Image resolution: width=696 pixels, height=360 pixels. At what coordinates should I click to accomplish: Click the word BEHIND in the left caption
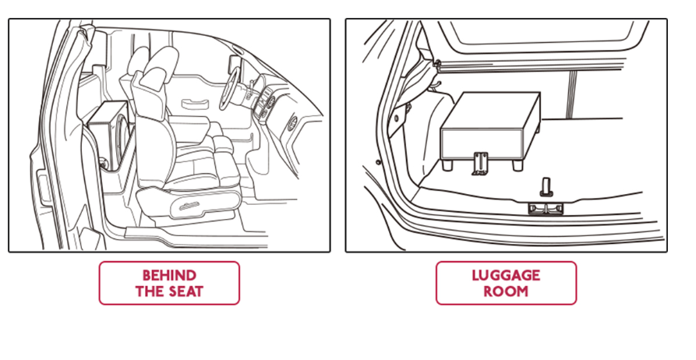(x=169, y=275)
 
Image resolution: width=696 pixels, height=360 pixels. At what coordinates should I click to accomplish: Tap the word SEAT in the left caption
(x=185, y=291)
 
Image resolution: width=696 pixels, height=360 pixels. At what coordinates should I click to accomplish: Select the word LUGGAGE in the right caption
(x=506, y=275)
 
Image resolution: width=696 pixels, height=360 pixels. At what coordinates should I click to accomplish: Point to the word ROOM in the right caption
(x=506, y=291)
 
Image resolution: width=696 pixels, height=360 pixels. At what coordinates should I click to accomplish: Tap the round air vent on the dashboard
(x=292, y=122)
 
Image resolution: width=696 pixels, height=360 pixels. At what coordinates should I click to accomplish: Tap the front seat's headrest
(x=155, y=71)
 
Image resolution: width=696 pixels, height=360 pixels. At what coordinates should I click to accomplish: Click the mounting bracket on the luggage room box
(x=480, y=164)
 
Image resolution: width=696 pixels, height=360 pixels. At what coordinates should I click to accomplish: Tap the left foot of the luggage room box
(x=447, y=165)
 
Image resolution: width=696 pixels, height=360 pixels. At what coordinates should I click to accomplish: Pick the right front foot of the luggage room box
(x=517, y=165)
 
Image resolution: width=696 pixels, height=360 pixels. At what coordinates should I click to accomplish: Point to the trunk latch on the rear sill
(x=545, y=209)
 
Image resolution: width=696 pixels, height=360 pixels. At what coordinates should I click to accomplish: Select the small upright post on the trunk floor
(x=545, y=185)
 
